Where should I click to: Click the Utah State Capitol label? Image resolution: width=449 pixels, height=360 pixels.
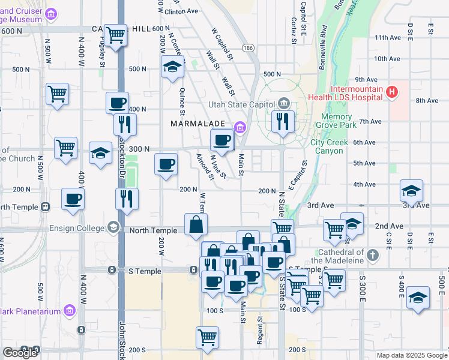(243, 104)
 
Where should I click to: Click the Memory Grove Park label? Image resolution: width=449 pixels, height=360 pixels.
(339, 121)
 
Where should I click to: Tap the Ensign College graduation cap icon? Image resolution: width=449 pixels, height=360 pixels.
(112, 227)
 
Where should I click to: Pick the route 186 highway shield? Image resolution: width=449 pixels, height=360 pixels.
(247, 47)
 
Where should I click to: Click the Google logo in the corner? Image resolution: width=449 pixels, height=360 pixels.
(20, 353)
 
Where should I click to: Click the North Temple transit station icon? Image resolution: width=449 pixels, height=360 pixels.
(45, 207)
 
